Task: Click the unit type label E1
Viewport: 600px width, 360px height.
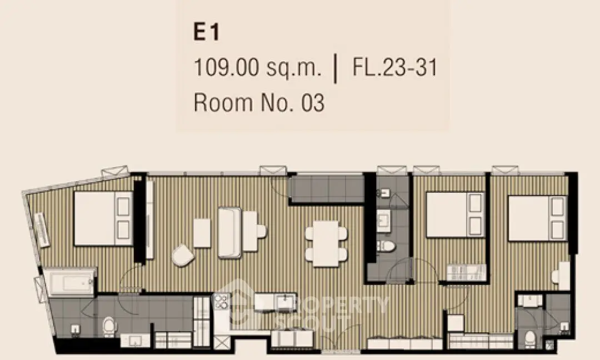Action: point(206,32)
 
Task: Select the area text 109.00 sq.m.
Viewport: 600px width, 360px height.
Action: point(258,68)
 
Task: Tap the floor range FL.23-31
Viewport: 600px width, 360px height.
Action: point(394,68)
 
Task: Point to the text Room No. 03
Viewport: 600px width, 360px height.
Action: point(259,103)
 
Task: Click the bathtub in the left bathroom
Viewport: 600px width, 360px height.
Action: point(69,282)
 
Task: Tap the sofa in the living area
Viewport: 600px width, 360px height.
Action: point(229,232)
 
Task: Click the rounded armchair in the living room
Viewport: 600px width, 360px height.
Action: point(183,256)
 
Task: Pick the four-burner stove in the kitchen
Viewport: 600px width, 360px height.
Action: point(221,301)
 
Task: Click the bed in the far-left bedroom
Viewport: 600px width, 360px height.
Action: point(103,218)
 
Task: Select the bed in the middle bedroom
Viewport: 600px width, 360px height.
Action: point(456,215)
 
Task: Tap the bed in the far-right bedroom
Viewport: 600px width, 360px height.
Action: point(538,218)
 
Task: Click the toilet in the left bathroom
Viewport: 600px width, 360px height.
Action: point(109,326)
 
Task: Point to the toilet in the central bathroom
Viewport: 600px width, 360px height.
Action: point(386,246)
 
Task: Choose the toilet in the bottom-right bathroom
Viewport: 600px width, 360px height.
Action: point(530,340)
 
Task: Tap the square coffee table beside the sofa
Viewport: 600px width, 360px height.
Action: point(202,233)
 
